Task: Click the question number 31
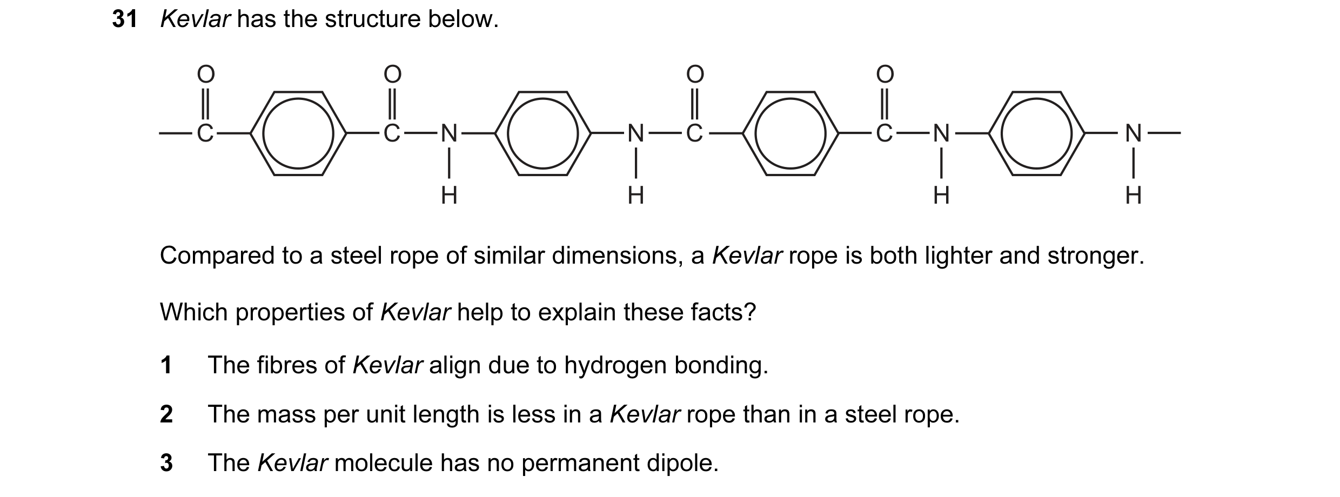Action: click(x=125, y=19)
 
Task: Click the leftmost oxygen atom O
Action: click(x=205, y=74)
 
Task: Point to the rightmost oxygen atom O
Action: click(x=885, y=74)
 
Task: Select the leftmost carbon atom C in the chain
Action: click(x=205, y=133)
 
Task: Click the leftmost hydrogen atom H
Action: click(x=449, y=195)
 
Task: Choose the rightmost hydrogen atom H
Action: click(x=1133, y=195)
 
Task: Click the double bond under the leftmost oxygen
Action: click(x=205, y=104)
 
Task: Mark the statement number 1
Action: click(x=166, y=365)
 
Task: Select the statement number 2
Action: click(x=166, y=414)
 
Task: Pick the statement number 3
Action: click(x=166, y=463)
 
